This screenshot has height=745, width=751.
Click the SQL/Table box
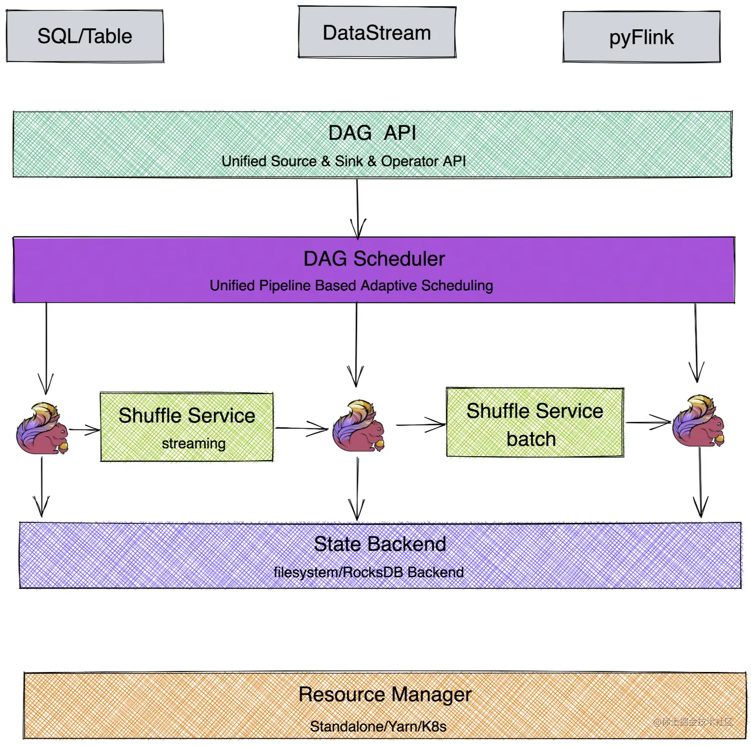click(x=85, y=36)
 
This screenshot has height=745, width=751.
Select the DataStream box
click(x=377, y=33)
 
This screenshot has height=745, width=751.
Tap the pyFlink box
click(x=641, y=37)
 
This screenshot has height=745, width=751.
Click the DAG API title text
click(x=372, y=133)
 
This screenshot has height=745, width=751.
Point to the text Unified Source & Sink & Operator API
click(x=344, y=161)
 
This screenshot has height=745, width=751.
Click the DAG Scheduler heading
click(x=374, y=259)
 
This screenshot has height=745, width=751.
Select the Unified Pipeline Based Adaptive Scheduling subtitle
click(x=351, y=286)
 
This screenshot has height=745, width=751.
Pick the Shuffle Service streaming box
click(x=187, y=427)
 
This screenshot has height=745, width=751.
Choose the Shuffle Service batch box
click(x=535, y=423)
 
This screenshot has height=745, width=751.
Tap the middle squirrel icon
click(x=359, y=426)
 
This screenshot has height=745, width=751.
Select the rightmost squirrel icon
click(x=698, y=421)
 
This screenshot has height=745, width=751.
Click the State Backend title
click(x=380, y=544)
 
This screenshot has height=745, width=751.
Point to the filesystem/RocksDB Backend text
click(x=369, y=573)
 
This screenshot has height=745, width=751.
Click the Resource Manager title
click(x=385, y=694)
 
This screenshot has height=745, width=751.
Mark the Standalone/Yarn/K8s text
click(x=378, y=727)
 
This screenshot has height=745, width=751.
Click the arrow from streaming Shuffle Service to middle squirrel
click(x=301, y=428)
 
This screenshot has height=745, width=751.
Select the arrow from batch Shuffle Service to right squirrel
click(x=648, y=423)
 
